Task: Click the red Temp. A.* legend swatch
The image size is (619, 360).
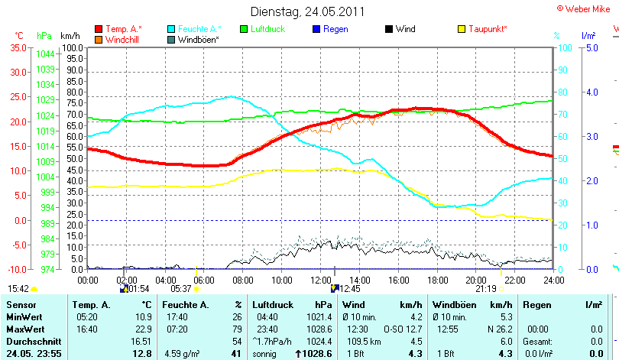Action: (99, 29)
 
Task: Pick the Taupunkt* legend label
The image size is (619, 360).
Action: (488, 29)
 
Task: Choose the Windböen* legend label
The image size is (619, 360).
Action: (198, 39)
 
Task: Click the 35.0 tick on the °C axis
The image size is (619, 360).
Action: (18, 47)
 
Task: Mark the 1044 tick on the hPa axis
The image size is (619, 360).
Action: (44, 54)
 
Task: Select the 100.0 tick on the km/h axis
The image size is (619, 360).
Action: (73, 47)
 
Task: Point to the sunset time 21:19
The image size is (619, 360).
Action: (486, 289)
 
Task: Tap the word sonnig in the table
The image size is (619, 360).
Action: (265, 354)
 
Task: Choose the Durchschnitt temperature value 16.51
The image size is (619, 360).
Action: (142, 341)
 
